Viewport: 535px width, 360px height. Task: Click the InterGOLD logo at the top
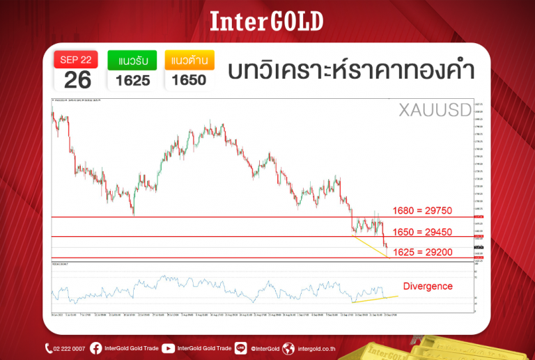click(x=267, y=22)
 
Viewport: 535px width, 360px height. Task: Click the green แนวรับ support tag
click(x=132, y=60)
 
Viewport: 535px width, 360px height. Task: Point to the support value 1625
click(x=132, y=80)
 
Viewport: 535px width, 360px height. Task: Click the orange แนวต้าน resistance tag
click(x=189, y=60)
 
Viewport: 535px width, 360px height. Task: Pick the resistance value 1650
click(x=189, y=80)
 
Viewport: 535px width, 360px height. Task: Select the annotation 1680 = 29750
click(x=424, y=210)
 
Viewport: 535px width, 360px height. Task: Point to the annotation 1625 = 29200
click(x=424, y=251)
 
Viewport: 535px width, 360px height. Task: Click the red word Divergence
click(x=428, y=286)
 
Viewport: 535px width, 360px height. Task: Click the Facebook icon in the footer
click(x=95, y=348)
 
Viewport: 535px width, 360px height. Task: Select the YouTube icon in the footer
click(x=167, y=348)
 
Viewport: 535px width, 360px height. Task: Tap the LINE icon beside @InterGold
click(x=241, y=348)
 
